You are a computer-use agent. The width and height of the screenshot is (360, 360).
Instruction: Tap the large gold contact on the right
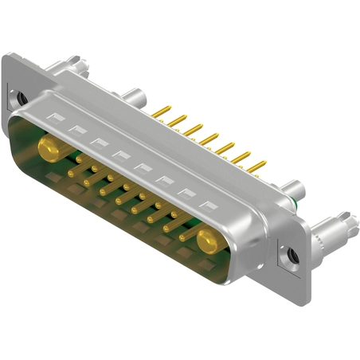click(x=209, y=239)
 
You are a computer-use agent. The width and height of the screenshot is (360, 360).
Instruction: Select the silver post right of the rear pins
click(x=295, y=191)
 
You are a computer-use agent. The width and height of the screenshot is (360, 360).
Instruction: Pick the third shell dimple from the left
click(x=98, y=143)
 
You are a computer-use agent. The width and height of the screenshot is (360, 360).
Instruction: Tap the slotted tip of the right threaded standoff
click(x=348, y=217)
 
